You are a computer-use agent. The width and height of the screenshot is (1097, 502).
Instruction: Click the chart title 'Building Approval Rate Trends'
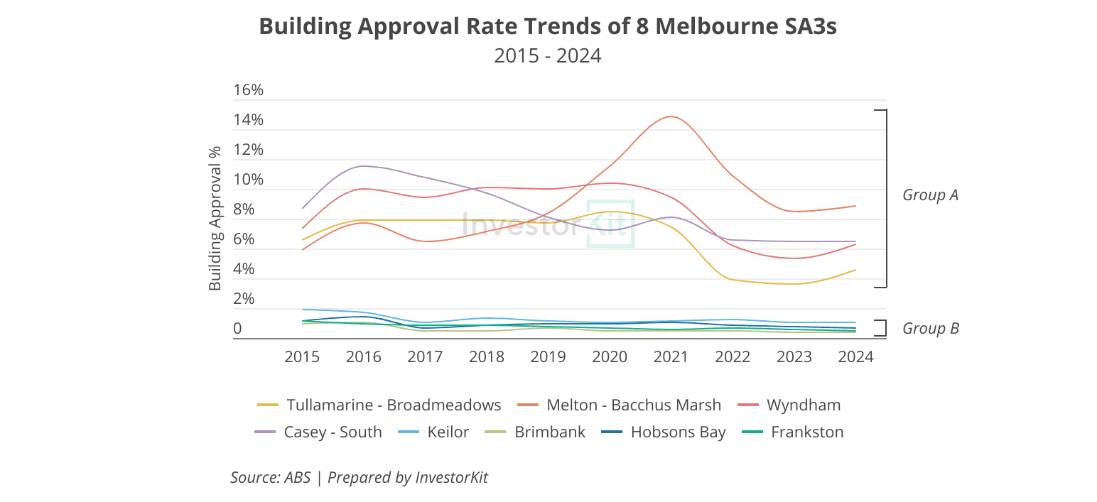[548, 26]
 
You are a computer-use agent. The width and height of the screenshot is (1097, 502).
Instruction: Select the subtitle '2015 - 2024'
[548, 55]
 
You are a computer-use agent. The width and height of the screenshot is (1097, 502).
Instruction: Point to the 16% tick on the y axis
[249, 90]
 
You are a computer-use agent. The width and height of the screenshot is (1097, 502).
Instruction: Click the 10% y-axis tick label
[249, 180]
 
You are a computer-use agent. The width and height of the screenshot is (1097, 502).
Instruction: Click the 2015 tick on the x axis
[302, 356]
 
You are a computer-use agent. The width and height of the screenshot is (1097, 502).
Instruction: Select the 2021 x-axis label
[671, 356]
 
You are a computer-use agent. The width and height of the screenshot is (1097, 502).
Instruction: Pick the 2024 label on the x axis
[855, 356]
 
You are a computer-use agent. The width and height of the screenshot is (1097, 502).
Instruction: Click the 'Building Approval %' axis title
[215, 218]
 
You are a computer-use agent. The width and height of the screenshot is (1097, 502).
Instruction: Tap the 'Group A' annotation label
[930, 195]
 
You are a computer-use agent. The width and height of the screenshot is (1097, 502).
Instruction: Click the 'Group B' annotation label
[930, 329]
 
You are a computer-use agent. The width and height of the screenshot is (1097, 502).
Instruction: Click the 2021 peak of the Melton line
[671, 116]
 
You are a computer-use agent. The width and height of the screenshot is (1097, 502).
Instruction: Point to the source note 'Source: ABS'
[271, 477]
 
